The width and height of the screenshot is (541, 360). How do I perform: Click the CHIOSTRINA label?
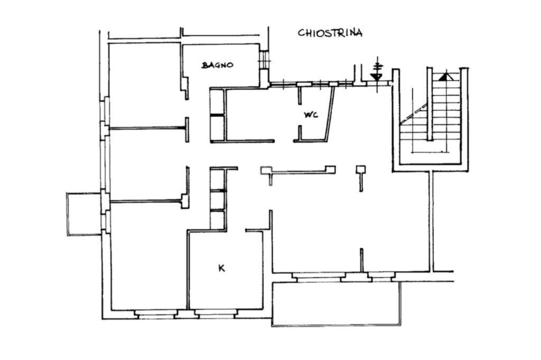tap(330, 33)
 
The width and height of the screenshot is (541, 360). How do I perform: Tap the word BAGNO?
tap(217, 65)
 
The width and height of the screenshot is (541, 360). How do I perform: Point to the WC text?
tap(311, 115)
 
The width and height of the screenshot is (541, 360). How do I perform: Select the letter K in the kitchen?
tap(221, 268)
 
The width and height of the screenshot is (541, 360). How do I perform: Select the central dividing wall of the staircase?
tap(430, 104)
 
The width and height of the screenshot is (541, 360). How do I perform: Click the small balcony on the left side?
tap(84, 214)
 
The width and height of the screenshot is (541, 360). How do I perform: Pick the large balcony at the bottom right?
tap(337, 304)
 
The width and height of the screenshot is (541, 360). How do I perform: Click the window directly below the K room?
tap(216, 314)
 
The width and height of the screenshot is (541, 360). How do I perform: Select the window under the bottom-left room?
tap(156, 314)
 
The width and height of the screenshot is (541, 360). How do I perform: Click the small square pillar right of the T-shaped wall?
tap(361, 169)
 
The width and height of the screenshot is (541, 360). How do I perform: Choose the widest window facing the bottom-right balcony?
tap(319, 277)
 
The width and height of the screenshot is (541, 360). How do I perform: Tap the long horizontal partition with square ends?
tap(298, 170)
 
